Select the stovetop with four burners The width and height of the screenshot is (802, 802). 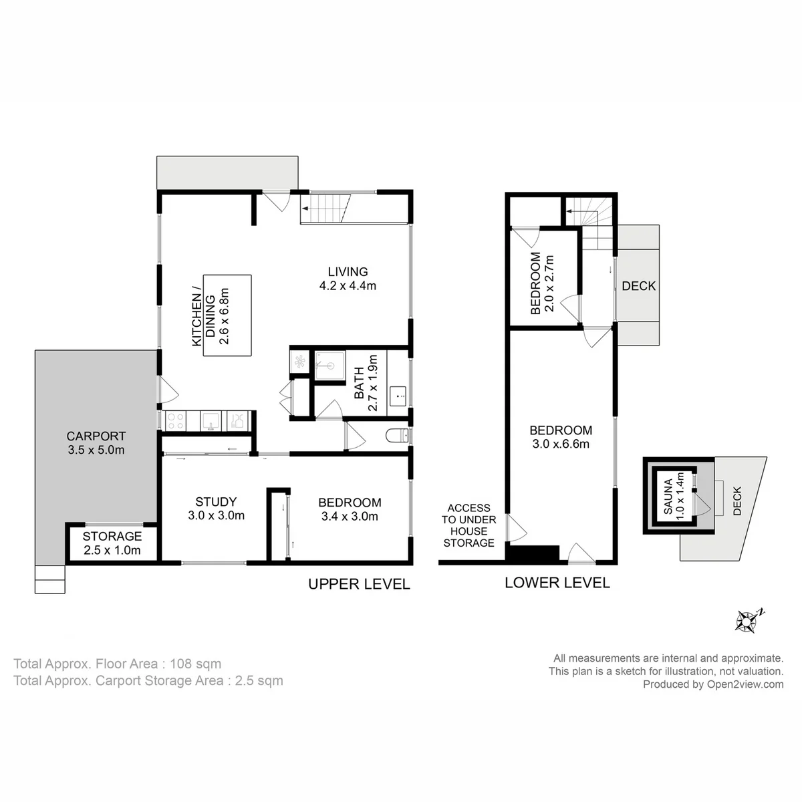pyautogui.click(x=175, y=421)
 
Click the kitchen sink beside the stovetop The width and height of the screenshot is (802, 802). pyautogui.click(x=211, y=421)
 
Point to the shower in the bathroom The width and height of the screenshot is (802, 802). pyautogui.click(x=329, y=366)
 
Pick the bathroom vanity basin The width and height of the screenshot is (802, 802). pyautogui.click(x=398, y=396)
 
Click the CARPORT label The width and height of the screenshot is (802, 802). pyautogui.click(x=96, y=436)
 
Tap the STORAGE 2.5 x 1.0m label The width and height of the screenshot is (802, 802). pyautogui.click(x=112, y=543)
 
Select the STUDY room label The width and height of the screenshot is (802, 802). pyautogui.click(x=216, y=501)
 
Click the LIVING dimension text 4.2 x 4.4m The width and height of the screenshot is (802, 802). pyautogui.click(x=348, y=285)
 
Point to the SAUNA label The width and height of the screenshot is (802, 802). pyautogui.click(x=668, y=496)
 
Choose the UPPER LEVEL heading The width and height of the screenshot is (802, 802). pyautogui.click(x=359, y=584)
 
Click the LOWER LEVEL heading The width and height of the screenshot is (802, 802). pyautogui.click(x=557, y=583)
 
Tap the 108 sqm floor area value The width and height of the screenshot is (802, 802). pyautogui.click(x=195, y=664)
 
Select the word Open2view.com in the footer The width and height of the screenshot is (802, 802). pyautogui.click(x=745, y=684)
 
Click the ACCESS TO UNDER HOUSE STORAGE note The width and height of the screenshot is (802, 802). pyautogui.click(x=469, y=525)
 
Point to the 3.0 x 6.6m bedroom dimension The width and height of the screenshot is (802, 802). pyautogui.click(x=561, y=444)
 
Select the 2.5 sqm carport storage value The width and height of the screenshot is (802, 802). pyautogui.click(x=259, y=680)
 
